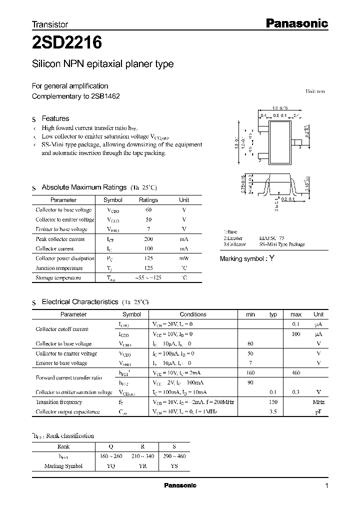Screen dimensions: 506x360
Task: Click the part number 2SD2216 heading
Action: point(67,43)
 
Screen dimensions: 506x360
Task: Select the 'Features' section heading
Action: point(55,118)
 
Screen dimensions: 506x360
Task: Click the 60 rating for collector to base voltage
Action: point(148,210)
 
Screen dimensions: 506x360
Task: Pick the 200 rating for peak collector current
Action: point(148,239)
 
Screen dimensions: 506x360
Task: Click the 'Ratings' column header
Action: point(148,200)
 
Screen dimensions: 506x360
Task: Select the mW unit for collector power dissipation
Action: point(184,258)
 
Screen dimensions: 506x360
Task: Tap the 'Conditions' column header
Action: point(193,314)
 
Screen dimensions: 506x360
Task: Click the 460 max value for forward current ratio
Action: point(296,373)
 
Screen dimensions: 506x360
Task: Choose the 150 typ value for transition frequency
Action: point(273,402)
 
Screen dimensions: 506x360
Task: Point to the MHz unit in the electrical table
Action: point(318,402)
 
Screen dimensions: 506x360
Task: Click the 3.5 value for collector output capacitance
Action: point(273,411)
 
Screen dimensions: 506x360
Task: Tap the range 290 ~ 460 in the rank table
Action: point(173,456)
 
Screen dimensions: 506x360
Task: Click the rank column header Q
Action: point(110,446)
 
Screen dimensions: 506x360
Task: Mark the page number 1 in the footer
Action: point(326,486)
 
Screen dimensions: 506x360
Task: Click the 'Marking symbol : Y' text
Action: point(247,258)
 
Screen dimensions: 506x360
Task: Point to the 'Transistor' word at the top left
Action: point(50,24)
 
